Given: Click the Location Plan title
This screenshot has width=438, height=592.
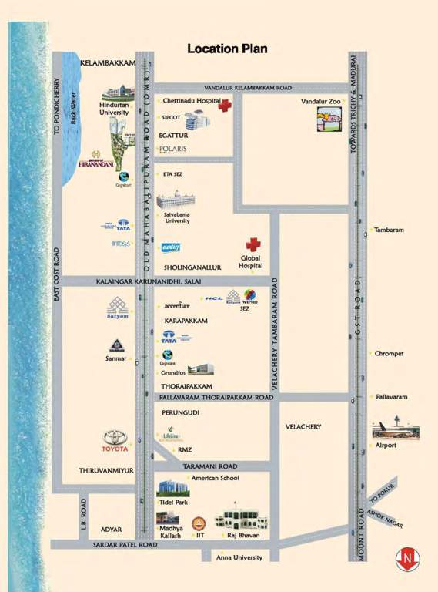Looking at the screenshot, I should tap(227, 49).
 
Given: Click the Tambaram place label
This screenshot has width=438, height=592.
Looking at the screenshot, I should tap(390, 230).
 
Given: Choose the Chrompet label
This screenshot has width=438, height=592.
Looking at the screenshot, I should tap(389, 354).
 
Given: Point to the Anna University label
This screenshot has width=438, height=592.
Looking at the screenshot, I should tap(239, 557).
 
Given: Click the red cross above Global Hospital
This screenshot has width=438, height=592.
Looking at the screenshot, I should tap(253, 244).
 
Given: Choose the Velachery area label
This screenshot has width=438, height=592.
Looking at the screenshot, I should tap(303, 426).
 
